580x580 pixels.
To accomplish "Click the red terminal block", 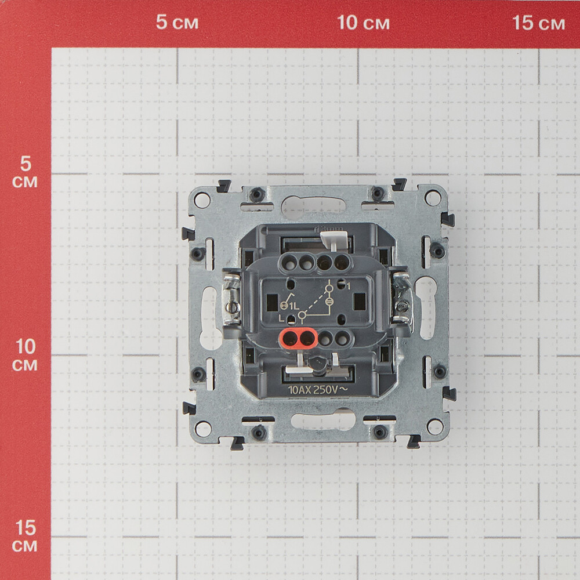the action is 298,338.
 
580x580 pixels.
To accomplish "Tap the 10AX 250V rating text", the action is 318,390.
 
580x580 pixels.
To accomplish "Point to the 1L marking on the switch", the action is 294,306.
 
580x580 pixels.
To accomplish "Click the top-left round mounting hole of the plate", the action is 201,200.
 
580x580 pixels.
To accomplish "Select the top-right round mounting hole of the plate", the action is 433,198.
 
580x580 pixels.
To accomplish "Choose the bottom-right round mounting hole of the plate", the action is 435,427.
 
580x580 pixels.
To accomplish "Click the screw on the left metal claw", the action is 233,306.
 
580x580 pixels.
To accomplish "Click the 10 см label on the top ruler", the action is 363,23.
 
